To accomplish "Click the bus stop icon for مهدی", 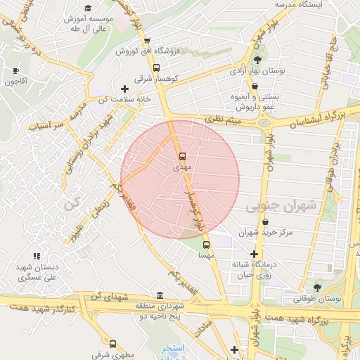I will tap(183, 156).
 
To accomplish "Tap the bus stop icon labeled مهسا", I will tap(206, 245).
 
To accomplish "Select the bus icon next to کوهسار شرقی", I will tap(156, 68).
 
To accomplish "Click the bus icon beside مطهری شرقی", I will tap(112, 344).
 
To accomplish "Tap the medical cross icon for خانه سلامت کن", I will tap(125, 89).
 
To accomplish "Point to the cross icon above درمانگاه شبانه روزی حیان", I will tap(254, 254).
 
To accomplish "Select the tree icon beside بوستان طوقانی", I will tap(318, 287).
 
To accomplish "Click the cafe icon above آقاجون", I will tap(16, 70).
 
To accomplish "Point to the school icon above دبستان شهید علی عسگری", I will tap(36, 256).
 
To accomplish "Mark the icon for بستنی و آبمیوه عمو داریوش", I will tap(255, 87).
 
